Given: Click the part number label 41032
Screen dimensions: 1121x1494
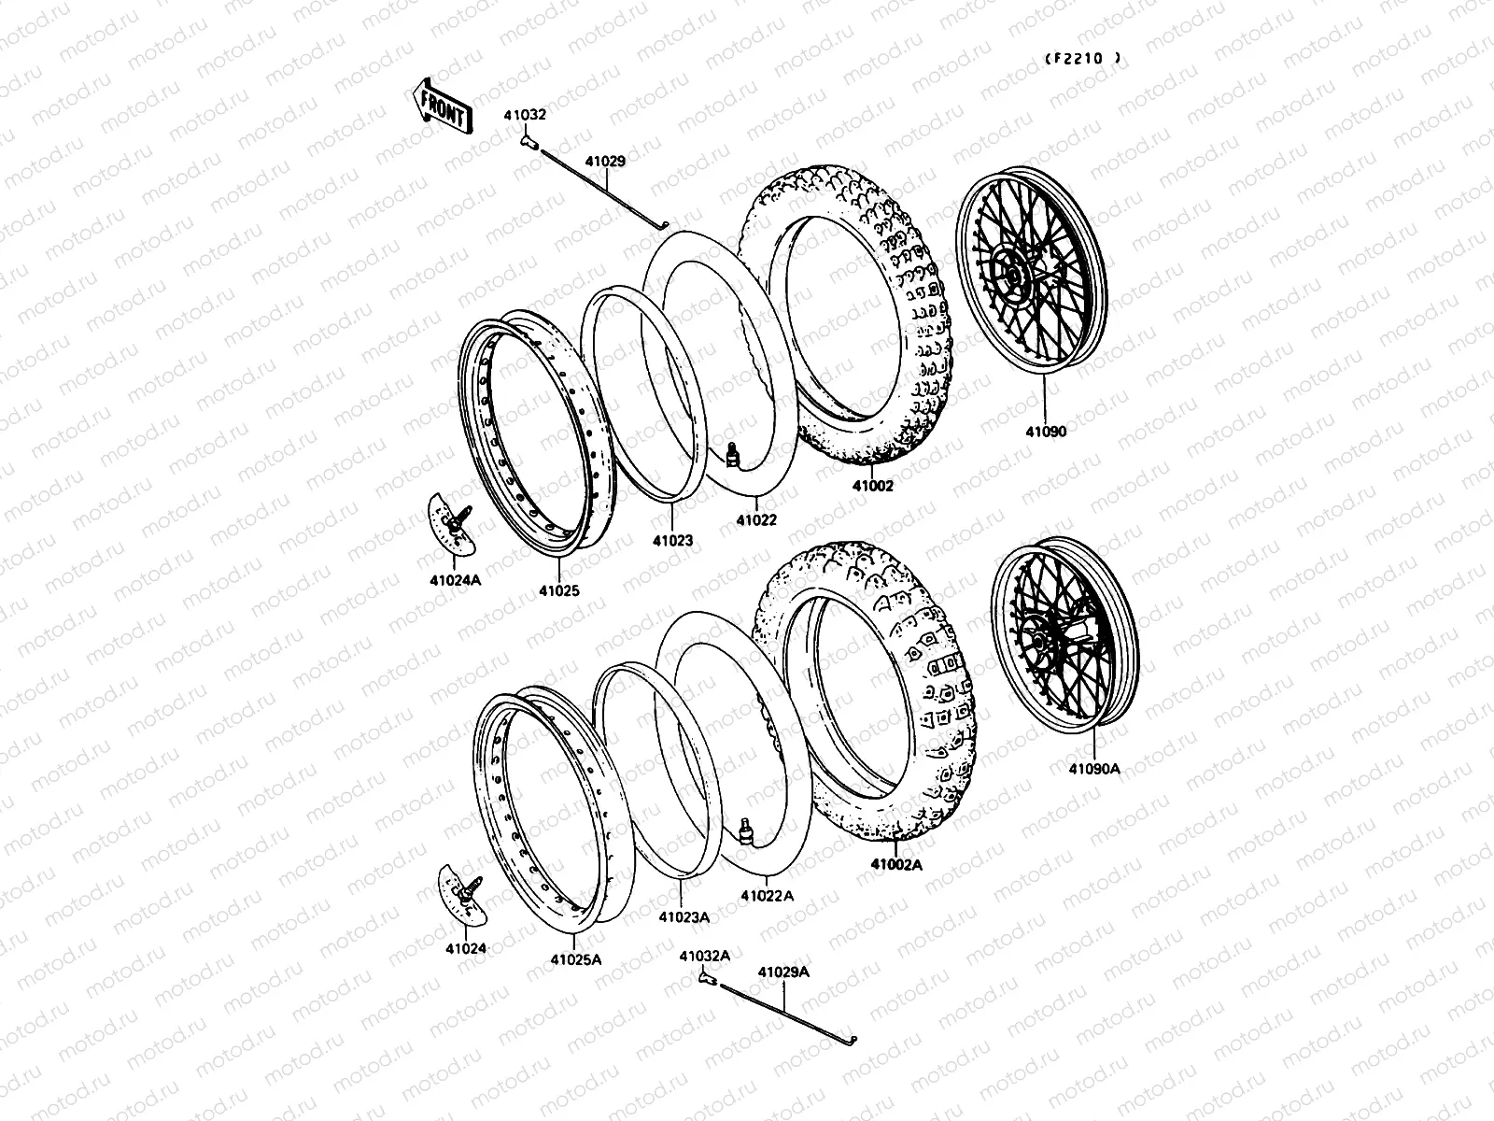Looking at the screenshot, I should (527, 115).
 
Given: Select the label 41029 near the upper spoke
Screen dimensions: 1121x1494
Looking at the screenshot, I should (605, 161).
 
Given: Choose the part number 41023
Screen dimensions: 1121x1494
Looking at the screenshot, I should (672, 540).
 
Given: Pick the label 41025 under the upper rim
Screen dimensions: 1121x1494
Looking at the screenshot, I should (558, 590).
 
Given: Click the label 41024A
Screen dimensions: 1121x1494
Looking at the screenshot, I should (456, 580).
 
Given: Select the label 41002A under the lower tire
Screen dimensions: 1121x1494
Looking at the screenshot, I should (896, 865).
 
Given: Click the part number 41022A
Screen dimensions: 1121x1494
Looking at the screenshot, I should (768, 895).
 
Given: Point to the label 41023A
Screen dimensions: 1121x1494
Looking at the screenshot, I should (684, 916).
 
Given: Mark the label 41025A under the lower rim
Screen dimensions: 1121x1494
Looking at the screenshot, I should (575, 958).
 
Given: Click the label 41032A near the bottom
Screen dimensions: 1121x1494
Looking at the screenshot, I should (704, 956).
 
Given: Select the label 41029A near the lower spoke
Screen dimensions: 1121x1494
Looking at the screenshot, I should (783, 972).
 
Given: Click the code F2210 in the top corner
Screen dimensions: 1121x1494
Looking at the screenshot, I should (1083, 58).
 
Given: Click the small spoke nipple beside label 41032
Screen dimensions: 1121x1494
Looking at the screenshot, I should (527, 141).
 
